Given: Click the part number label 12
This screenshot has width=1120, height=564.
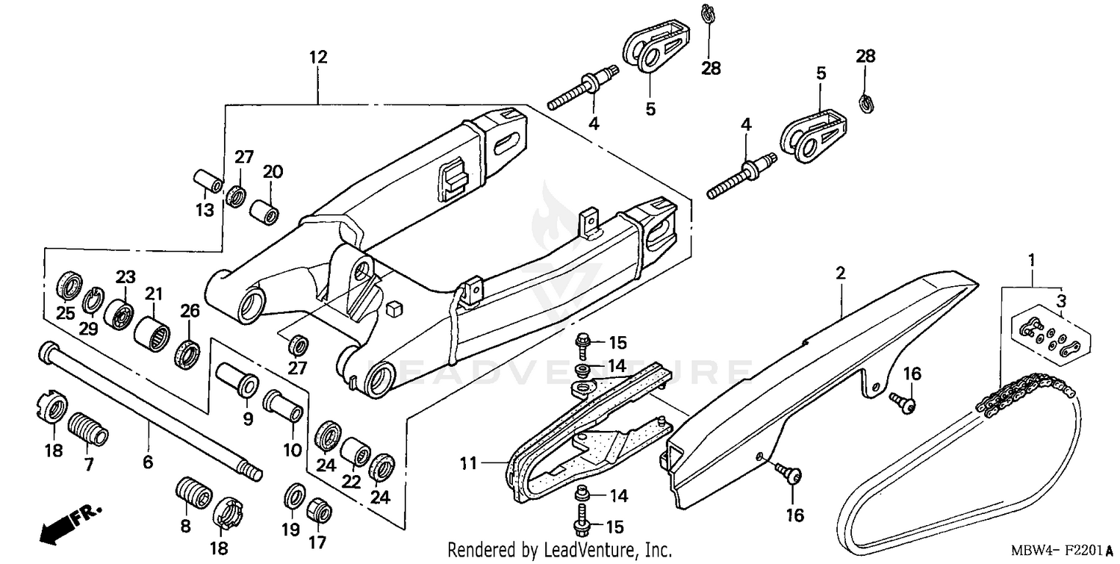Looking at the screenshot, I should click(318, 57).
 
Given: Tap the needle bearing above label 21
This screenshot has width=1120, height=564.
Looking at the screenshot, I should click(152, 332).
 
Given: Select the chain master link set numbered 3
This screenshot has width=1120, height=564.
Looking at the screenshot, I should click(1048, 336).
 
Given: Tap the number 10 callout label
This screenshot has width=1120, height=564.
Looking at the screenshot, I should click(292, 450).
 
